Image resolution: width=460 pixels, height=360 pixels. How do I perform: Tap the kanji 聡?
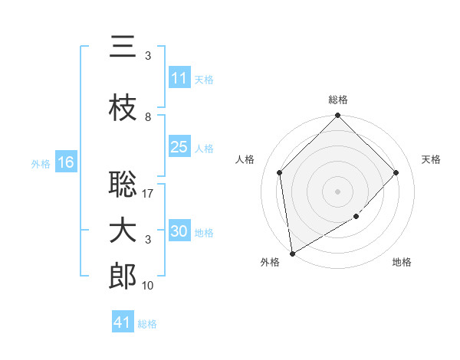pos(123,185)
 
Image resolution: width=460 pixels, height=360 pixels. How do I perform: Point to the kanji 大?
pos(123,231)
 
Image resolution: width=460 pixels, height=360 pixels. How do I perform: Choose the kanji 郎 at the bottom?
pos(123,277)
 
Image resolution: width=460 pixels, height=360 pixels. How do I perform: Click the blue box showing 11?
pos(179,78)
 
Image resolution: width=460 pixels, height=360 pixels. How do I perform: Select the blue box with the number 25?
pos(179,147)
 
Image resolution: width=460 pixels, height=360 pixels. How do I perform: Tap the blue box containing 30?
pos(179,231)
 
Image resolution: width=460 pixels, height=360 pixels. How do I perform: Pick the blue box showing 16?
pos(65,162)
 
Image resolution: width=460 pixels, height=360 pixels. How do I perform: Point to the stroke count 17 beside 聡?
pos(149,194)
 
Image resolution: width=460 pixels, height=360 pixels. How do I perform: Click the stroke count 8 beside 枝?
pos(148,117)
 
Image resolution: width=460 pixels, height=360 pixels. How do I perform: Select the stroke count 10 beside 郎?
pos(149,286)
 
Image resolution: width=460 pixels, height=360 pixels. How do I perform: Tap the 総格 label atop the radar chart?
pos(338,100)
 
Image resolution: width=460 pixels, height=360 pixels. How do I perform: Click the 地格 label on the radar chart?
pos(402,262)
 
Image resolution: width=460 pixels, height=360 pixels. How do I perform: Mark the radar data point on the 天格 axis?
pos(396,172)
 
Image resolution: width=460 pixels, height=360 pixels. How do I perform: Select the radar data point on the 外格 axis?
pos(292,254)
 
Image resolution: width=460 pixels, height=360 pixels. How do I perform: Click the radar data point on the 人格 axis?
pos(280,172)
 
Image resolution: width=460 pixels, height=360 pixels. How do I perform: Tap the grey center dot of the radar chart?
pos(338,191)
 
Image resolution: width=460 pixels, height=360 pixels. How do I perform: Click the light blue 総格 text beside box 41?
pos(147,324)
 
